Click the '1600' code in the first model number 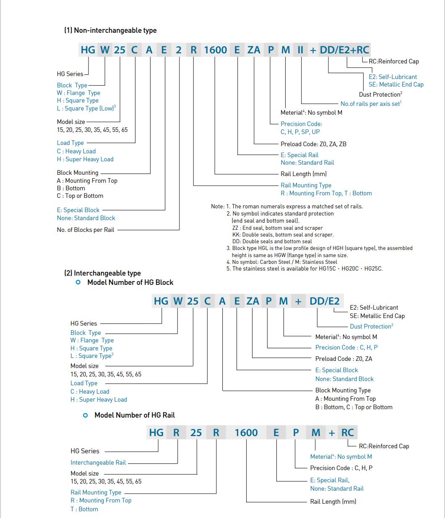pyautogui.click(x=215, y=50)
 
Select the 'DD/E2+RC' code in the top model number pyautogui.click(x=344, y=50)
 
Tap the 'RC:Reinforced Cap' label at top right pyautogui.click(x=393, y=61)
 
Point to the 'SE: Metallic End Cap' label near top pyautogui.click(x=396, y=84)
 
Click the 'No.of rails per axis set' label pyautogui.click(x=371, y=104)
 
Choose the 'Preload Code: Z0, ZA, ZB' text pyautogui.click(x=313, y=144)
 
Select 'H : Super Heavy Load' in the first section pyautogui.click(x=85, y=159)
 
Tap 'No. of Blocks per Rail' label pyautogui.click(x=86, y=230)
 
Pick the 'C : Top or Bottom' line pyautogui.click(x=80, y=196)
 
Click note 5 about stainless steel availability pyautogui.click(x=304, y=268)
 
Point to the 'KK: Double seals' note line pyautogui.click(x=283, y=234)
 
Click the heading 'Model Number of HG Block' pyautogui.click(x=130, y=282)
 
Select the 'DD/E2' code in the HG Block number pyautogui.click(x=324, y=301)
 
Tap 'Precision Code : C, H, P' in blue pyautogui.click(x=346, y=347)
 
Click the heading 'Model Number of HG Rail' pyautogui.click(x=134, y=415)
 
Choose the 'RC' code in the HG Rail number pyautogui.click(x=347, y=433)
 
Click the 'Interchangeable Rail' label pyautogui.click(x=98, y=463)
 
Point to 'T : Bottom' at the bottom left pyautogui.click(x=84, y=509)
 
